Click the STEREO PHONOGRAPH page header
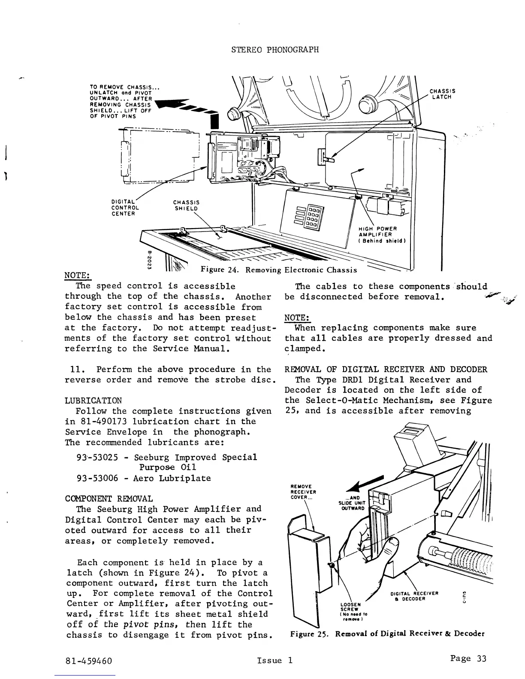[x=275, y=49]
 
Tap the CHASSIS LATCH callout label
[x=442, y=94]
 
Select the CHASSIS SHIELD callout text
[x=186, y=205]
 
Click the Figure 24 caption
[x=279, y=270]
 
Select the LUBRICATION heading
[x=93, y=400]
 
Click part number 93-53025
[x=97, y=457]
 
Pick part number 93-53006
[x=97, y=478]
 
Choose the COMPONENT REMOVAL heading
[x=109, y=499]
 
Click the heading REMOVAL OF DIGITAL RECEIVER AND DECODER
[x=386, y=370]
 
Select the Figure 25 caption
[x=387, y=633]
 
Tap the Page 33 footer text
[x=468, y=658]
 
